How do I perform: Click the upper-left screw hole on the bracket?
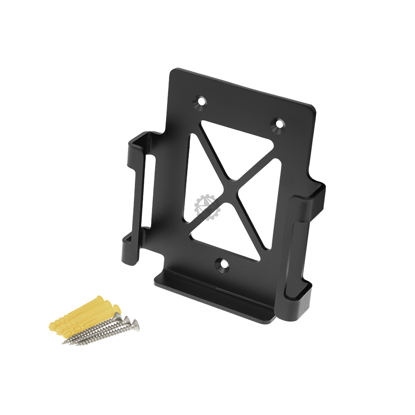200,101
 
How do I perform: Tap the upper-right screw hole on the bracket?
279,124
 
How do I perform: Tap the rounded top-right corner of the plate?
311,109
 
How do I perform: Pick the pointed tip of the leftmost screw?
63,342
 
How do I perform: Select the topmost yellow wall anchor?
104,304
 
